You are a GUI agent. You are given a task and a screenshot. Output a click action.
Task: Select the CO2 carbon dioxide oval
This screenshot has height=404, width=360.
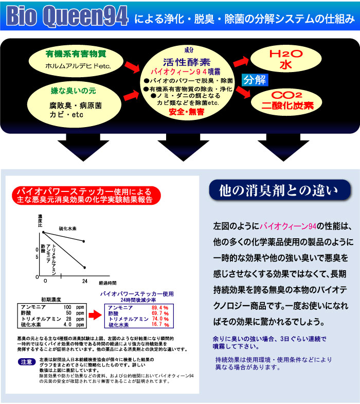[x=285, y=101]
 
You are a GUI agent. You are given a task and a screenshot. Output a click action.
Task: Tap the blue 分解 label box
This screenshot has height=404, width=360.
[x=255, y=80]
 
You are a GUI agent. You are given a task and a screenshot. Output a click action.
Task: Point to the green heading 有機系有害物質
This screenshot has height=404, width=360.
[x=76, y=53]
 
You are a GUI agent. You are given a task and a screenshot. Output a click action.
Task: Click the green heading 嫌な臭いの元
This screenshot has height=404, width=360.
[x=72, y=91]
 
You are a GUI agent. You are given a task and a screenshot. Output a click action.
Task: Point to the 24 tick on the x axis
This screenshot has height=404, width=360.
[x=84, y=282]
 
